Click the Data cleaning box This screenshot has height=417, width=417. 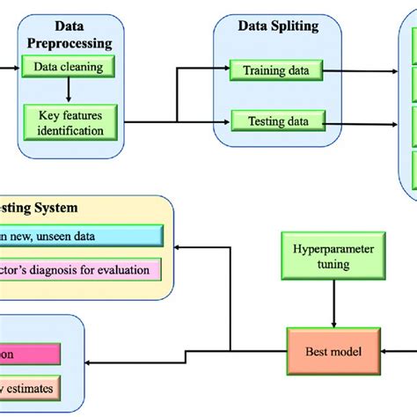coord(68,66)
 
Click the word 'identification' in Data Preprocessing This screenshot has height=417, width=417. coord(70,130)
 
